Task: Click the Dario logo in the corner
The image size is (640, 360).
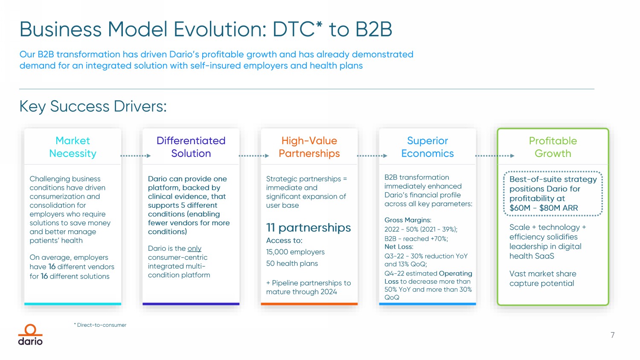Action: tap(30, 335)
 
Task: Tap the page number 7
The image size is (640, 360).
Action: tap(612, 335)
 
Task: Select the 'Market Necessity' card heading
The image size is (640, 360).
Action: tap(73, 147)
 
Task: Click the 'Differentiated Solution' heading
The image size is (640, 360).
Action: tap(191, 147)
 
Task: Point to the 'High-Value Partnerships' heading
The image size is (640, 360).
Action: tap(309, 147)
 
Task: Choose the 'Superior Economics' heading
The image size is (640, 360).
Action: tap(428, 147)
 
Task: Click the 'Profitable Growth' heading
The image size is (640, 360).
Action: tap(553, 147)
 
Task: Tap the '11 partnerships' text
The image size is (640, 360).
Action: tap(308, 228)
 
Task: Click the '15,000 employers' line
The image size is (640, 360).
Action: tap(295, 252)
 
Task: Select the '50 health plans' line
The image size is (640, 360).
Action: tap(292, 264)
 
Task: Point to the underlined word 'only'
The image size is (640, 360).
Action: tap(194, 249)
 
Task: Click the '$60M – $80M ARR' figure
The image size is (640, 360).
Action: tap(544, 208)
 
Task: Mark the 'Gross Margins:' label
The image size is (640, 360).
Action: tap(408, 220)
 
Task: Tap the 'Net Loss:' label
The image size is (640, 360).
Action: tap(399, 247)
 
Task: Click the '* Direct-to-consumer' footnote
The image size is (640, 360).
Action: tap(101, 325)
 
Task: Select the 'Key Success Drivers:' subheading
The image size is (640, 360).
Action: tap(93, 106)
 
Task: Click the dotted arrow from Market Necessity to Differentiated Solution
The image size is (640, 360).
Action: tap(136, 156)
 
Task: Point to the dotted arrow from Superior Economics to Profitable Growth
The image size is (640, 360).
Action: tap(495, 156)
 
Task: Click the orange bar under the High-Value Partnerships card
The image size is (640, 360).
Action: tap(309, 304)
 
